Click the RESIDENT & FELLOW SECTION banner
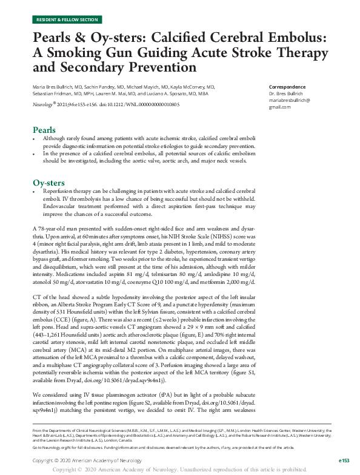(x=67, y=20)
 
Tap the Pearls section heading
(x=44, y=130)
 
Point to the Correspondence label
(x=285, y=87)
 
